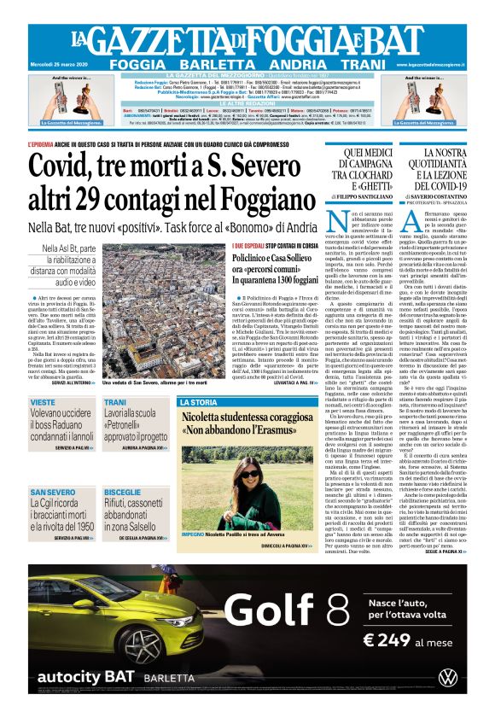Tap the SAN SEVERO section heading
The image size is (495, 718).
(50, 493)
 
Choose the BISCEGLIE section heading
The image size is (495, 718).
(122, 493)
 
